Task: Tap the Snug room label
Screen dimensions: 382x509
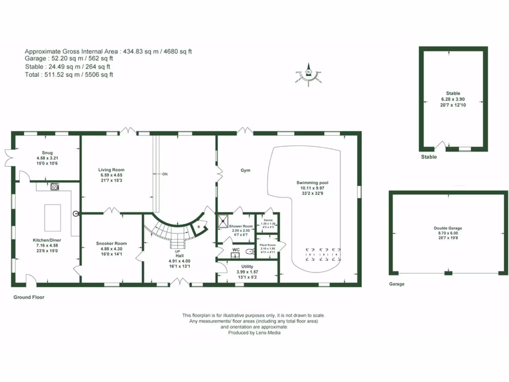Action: [x=47, y=153]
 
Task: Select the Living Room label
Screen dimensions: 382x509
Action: [x=111, y=170]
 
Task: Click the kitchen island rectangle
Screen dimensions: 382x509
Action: [x=52, y=217]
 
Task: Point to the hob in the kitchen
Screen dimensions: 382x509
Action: [x=54, y=187]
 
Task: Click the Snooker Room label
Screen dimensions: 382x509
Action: [x=111, y=243]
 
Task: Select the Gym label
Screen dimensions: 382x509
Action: [x=245, y=170]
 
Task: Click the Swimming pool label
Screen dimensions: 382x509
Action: [x=313, y=183]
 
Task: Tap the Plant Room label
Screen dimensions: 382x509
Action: [x=268, y=245]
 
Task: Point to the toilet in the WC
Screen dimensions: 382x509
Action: [x=249, y=252]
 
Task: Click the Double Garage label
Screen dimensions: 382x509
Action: [x=448, y=228]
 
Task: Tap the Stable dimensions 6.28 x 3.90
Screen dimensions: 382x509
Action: [x=453, y=99]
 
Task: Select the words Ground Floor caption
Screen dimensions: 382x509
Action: [x=29, y=297]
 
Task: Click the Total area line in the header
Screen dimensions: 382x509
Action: [x=69, y=75]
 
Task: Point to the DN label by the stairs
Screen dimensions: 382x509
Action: [x=165, y=174]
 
